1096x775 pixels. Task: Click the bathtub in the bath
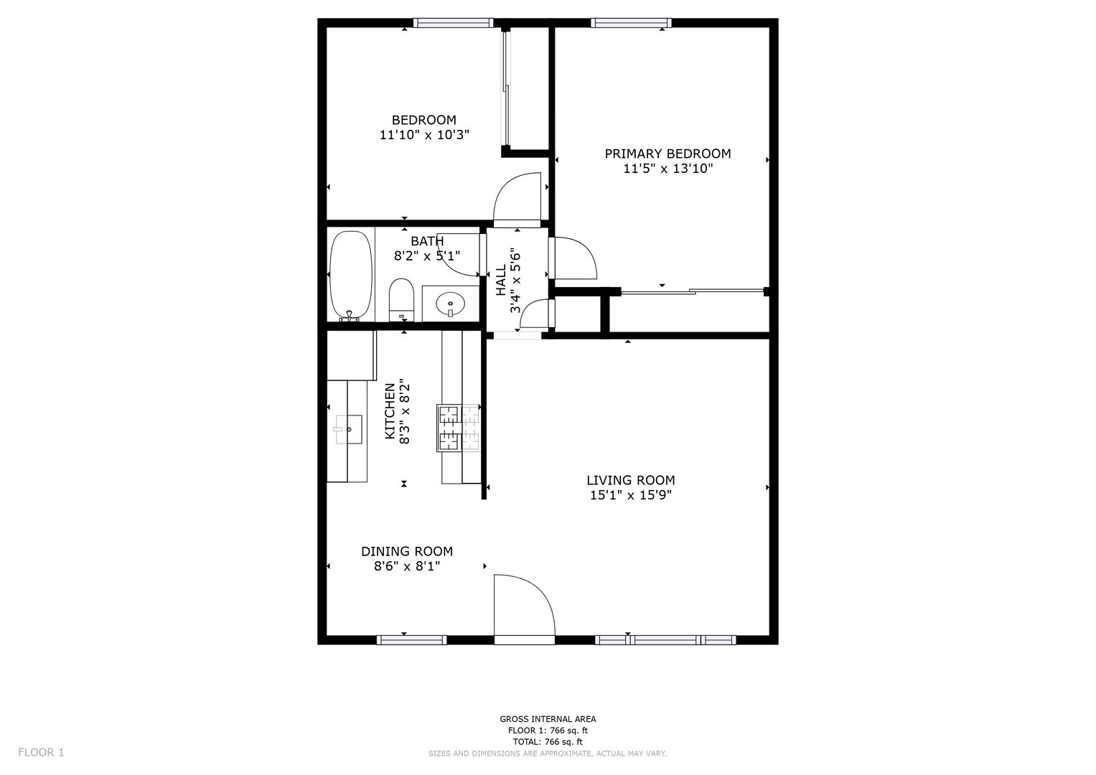(x=351, y=276)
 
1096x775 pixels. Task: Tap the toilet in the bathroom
(x=401, y=300)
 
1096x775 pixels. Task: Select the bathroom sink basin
(x=450, y=304)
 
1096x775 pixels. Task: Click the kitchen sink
(x=348, y=429)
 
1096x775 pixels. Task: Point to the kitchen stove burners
(x=459, y=427)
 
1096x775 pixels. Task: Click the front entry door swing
(x=525, y=605)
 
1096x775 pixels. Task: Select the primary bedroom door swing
(x=576, y=258)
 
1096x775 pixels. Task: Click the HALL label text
(x=500, y=281)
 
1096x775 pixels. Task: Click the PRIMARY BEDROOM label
(x=668, y=154)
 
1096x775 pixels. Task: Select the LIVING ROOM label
(x=631, y=480)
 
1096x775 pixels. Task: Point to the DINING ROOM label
(x=407, y=551)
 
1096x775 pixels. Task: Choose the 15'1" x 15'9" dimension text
(x=631, y=495)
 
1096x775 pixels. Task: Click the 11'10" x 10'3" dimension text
(x=424, y=135)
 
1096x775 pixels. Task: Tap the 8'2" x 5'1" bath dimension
(x=427, y=256)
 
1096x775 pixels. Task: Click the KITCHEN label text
(x=390, y=411)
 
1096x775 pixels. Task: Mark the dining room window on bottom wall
(x=411, y=640)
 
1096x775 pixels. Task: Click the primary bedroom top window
(x=631, y=23)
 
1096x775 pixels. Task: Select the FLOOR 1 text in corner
(x=41, y=753)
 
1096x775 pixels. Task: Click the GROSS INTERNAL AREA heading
(x=548, y=719)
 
